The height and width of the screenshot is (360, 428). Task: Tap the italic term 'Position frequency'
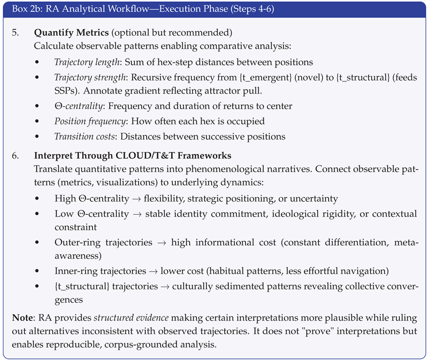(90, 121)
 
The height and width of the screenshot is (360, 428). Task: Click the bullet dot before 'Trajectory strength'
(37, 76)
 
